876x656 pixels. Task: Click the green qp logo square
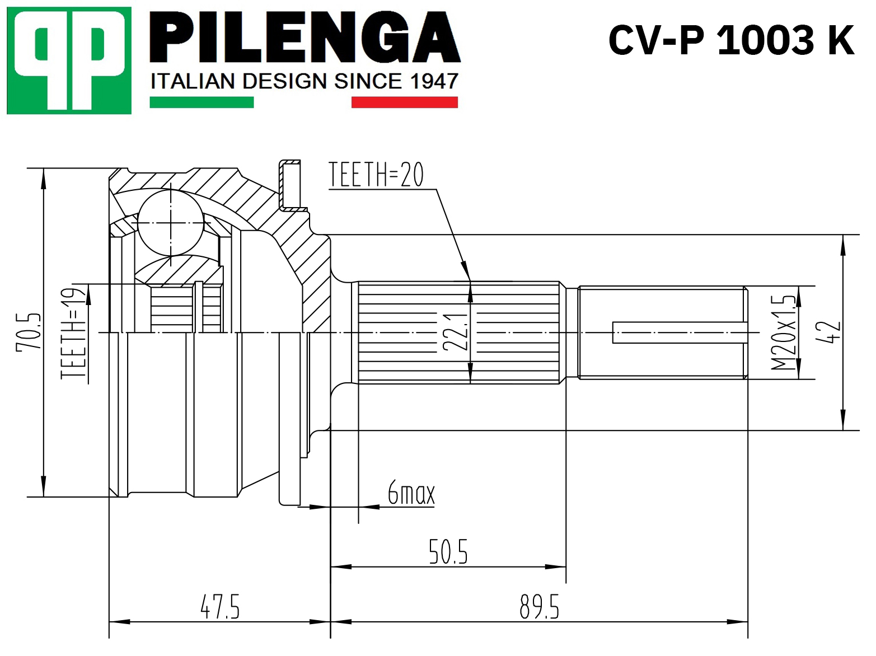[x=69, y=60]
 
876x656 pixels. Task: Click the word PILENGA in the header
[x=305, y=38]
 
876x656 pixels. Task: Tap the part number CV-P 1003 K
[x=731, y=40]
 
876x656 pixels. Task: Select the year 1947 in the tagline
[x=434, y=82]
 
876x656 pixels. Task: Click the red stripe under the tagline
[x=404, y=102]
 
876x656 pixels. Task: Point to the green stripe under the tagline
[x=202, y=102]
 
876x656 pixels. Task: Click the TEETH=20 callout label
[x=376, y=175]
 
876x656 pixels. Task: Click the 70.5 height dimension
[x=29, y=331]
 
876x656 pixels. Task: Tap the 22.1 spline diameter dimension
[x=455, y=331]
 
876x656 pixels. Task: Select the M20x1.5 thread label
[x=783, y=332]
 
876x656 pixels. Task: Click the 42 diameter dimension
[x=828, y=332]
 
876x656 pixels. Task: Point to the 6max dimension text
[x=411, y=493]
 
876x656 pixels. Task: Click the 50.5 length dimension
[x=448, y=551]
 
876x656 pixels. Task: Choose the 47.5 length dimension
[x=220, y=607]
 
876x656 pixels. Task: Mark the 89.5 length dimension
[x=539, y=607]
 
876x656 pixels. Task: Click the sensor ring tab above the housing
[x=290, y=185]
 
